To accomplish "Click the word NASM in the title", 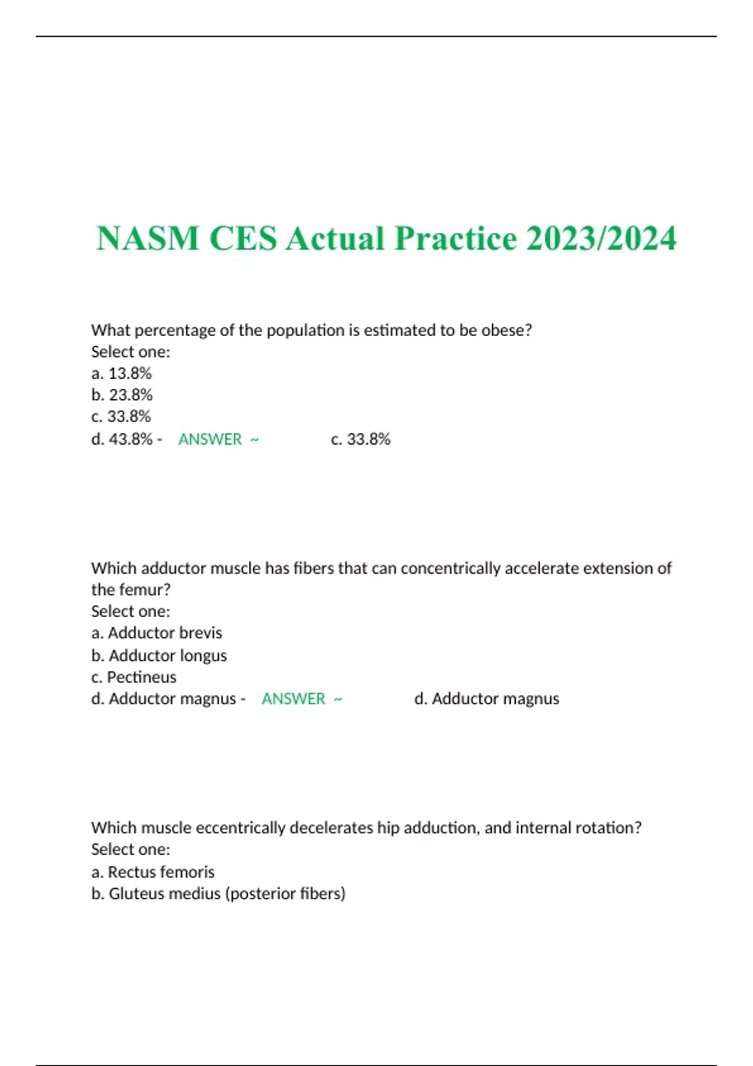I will pos(147,238).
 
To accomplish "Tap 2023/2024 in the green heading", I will pos(601,238).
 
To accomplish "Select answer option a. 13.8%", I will pos(122,373).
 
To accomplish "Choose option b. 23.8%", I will pos(122,394).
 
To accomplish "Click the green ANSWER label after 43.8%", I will pos(210,439).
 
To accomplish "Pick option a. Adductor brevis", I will pos(157,633).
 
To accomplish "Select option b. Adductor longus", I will pos(159,655).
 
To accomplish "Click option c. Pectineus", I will pos(134,677).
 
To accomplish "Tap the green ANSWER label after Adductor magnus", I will pos(294,699).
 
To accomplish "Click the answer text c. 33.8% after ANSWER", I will pos(361,439).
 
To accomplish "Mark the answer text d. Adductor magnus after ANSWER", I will pos(486,699).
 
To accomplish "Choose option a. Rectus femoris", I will pos(153,872).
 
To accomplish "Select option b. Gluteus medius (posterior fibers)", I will pos(218,894).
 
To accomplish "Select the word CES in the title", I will pos(243,238).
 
